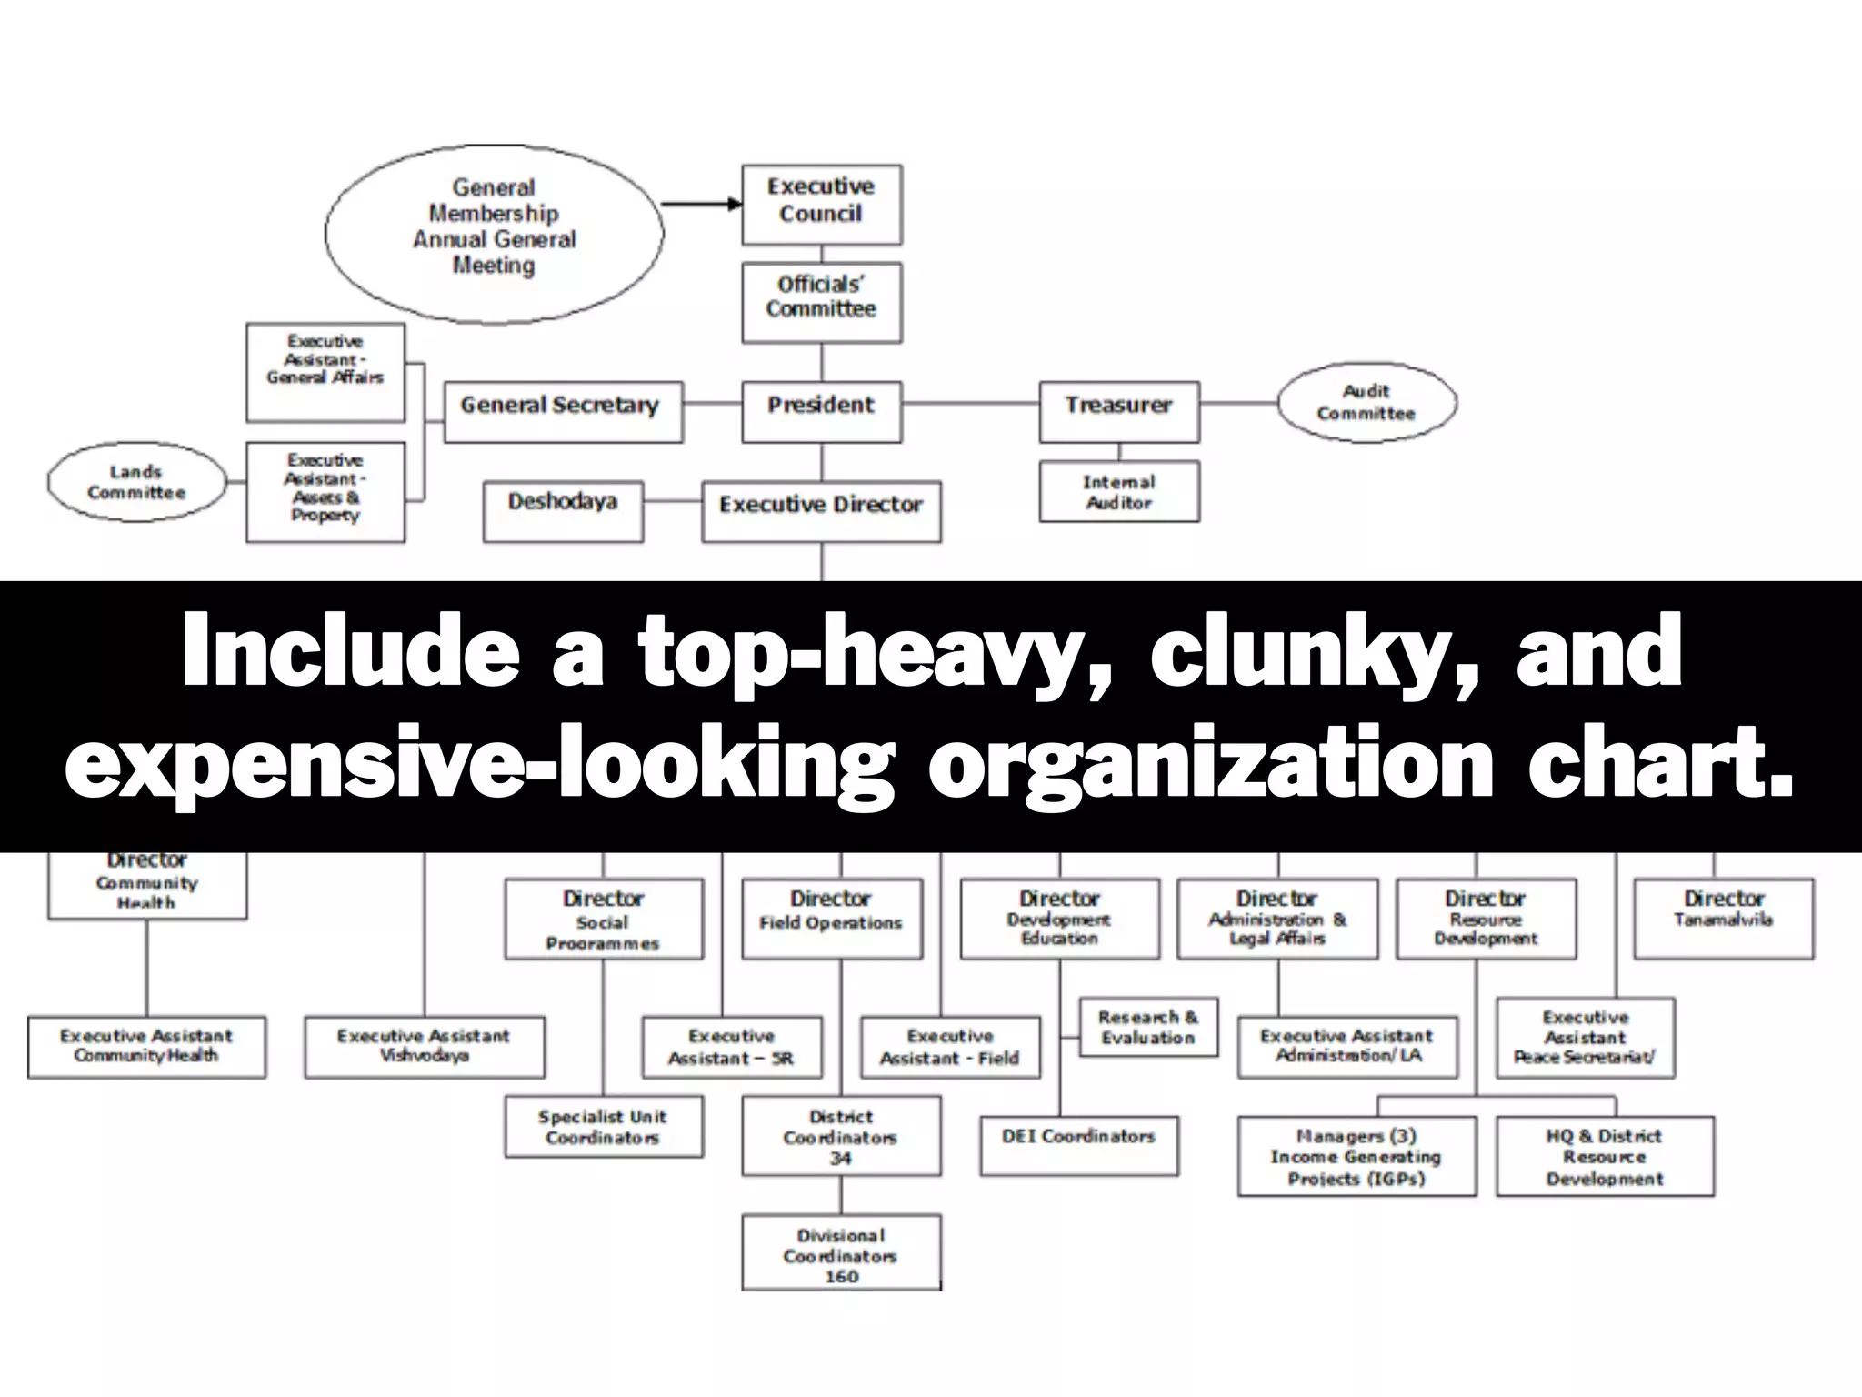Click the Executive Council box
point(821,204)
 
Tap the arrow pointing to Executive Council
point(701,204)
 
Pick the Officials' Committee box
point(821,301)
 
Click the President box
point(821,411)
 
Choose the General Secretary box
point(563,411)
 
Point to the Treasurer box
point(1118,411)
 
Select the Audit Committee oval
point(1366,403)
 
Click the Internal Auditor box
point(1118,491)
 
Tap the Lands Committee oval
point(136,482)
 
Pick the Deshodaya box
point(563,510)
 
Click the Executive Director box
point(821,510)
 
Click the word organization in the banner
point(1210,762)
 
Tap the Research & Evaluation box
point(1147,1028)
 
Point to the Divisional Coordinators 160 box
point(841,1252)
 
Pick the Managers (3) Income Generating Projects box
point(1356,1155)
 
